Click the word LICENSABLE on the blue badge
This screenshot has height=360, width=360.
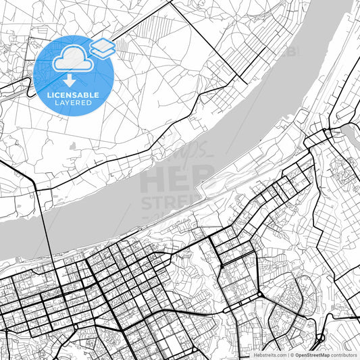(x=73, y=95)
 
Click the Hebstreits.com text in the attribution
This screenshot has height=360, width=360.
(x=269, y=355)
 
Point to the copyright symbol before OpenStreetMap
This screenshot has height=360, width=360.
(x=292, y=355)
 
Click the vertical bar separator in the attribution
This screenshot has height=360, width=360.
(x=288, y=355)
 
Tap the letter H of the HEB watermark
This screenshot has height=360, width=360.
(x=153, y=180)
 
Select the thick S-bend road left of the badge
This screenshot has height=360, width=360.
(x=24, y=86)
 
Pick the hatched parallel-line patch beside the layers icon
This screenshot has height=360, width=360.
(x=122, y=47)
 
